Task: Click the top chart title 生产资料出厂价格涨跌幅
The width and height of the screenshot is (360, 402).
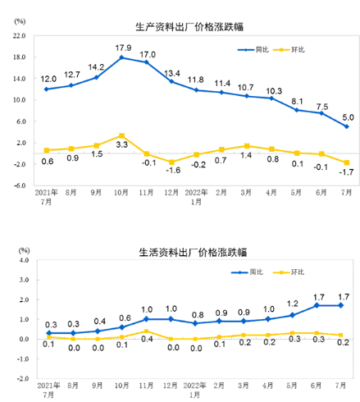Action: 180,25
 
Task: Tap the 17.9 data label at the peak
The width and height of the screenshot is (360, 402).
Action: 123,47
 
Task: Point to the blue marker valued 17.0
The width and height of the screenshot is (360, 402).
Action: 147,62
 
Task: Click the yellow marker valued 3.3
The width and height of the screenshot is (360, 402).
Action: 121,135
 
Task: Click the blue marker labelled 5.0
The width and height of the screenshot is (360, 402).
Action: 346,126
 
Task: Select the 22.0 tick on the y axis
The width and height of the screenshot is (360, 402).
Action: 21,36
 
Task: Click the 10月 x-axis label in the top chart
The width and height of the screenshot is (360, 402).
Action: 121,194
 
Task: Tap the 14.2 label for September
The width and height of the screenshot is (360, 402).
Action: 97,66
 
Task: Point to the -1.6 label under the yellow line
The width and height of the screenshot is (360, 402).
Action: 172,171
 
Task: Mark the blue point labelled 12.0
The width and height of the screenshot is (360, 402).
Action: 47,89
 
